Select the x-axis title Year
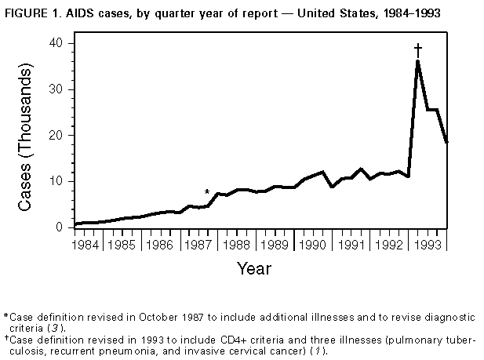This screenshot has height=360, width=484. coord(254,269)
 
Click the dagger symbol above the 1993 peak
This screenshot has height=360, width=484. coord(418,49)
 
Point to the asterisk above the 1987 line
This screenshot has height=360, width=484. coord(207,192)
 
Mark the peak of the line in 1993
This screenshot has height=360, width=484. coord(418,61)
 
